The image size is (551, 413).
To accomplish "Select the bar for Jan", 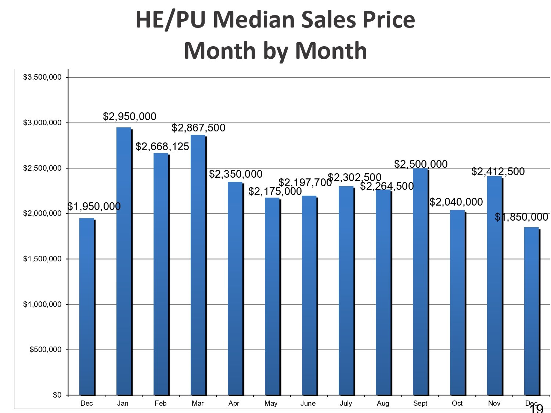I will pos(124,261).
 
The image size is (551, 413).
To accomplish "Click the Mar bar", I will pos(198,265).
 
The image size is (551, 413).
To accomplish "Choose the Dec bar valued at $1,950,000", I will pos(87,307).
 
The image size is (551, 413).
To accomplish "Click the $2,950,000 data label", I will pos(130,116).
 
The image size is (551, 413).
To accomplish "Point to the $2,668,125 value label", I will pos(162,147).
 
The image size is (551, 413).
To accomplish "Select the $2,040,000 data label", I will pos(456,202).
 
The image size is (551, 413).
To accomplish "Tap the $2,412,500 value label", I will pos(498,171).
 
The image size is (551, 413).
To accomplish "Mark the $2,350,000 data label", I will pos(236,174).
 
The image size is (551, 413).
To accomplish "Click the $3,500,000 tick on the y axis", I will pos(42,77).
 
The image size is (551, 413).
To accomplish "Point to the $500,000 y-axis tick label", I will pos(46,350).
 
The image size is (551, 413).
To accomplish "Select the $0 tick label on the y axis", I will pos(57,395).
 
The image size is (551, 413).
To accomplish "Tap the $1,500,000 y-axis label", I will pos(42,259).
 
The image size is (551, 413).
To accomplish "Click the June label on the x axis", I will pos(308,403).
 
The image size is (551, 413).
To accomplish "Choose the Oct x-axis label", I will pos(457,403).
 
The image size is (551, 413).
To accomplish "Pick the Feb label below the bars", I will pos(161,403).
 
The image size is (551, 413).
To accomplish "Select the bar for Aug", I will pos(383,292).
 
